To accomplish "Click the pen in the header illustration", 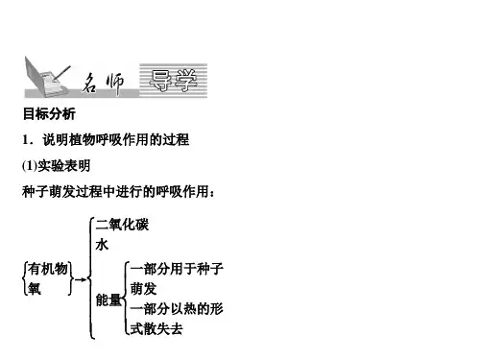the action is point(61,73).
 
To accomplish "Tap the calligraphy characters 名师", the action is point(103,84).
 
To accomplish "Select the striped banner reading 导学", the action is point(173,81).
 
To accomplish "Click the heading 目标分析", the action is point(49,114).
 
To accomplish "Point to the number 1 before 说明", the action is point(26,140).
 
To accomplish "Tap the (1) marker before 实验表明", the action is point(30,166).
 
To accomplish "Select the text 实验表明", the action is point(64,166).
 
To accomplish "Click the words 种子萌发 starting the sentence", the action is point(49,192).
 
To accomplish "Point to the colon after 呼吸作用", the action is point(211,194).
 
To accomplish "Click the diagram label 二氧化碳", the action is point(122,225).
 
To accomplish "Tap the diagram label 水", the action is point(102,245).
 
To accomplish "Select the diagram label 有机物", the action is point(48,269).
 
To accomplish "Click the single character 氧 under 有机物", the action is point(35,288).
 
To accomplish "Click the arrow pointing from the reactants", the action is point(81,279).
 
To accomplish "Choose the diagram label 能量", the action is point(108,300).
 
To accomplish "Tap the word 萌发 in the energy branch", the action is point(143,289).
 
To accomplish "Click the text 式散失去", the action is point(156,329).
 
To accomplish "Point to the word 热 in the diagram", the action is point(190,309).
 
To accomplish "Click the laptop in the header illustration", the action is point(45,78).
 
